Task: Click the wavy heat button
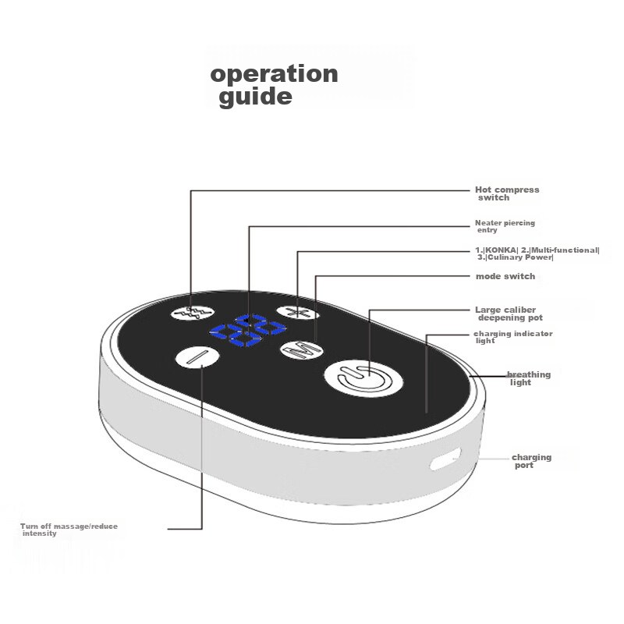192,312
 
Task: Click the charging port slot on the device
445,460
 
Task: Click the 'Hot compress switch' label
507,193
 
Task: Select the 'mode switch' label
505,276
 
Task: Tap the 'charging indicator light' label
512,337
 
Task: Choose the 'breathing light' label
529,378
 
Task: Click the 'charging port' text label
531,461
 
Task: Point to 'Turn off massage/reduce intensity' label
69,530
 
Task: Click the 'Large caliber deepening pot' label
508,314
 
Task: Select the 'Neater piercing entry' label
505,226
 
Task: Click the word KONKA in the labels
502,250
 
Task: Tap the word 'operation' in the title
274,74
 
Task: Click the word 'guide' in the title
255,97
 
